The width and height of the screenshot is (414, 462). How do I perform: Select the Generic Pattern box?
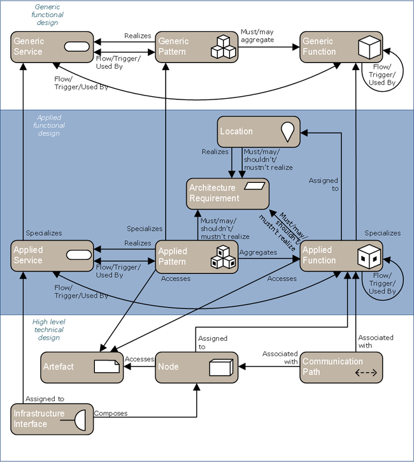coord(197,47)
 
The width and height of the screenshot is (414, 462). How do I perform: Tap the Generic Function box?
coord(341,47)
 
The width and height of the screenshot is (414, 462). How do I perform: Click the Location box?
coord(259,131)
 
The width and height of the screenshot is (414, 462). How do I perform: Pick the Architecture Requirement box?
coord(228,193)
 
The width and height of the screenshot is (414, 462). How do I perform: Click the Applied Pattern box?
coord(197,257)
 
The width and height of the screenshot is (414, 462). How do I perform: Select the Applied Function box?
coord(341,256)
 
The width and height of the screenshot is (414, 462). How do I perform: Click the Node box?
coord(197,367)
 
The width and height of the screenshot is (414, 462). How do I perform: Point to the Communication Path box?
coord(341,367)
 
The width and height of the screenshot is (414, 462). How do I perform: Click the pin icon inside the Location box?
coord(290,131)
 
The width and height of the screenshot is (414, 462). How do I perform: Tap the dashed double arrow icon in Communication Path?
coord(366,373)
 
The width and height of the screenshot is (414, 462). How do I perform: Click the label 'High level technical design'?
coord(49,329)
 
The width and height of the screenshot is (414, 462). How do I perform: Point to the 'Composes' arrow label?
coord(111,414)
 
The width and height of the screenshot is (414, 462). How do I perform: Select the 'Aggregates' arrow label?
coord(258,253)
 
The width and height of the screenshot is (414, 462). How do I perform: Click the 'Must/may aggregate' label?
coord(257,35)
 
